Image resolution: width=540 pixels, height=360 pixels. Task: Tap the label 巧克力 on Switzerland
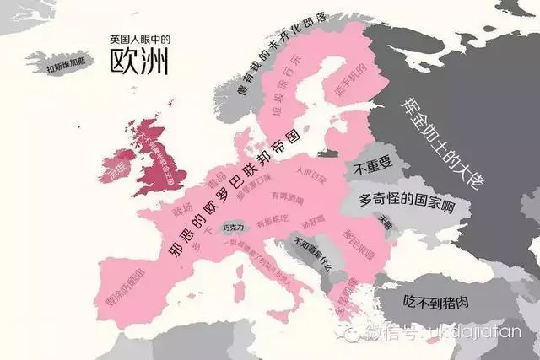tap(232, 228)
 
